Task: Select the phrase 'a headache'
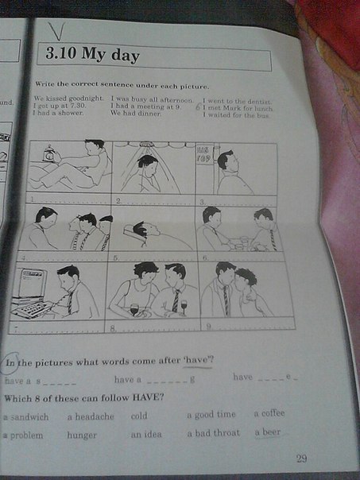[90, 416]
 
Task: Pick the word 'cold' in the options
[139, 416]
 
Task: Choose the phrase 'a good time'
[211, 414]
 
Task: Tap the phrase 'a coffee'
[269, 413]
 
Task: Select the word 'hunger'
[82, 435]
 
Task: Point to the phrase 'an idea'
[147, 434]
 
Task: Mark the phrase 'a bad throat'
[213, 433]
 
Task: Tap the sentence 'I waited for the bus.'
[236, 115]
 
